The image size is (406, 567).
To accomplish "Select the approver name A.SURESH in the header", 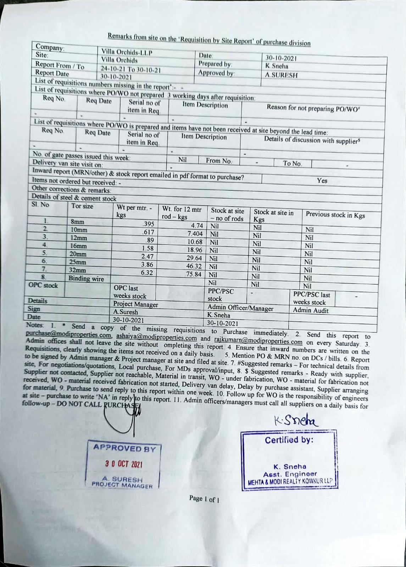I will click(282, 75).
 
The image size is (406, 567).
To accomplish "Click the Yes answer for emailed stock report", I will click(322, 180).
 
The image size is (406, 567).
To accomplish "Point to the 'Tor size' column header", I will click(82, 206).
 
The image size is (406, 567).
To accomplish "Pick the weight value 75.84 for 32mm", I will click(194, 274).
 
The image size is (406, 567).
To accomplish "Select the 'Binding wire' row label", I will click(86, 279).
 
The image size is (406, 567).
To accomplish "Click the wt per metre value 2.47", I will click(147, 256).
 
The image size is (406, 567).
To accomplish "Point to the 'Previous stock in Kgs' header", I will click(335, 214).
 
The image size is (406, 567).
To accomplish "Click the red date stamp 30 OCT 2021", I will click(124, 464).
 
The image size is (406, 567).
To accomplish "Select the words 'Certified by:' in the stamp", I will click(289, 440).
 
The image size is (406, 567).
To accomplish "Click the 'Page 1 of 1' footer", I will click(204, 499).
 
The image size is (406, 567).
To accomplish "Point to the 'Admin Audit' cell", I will click(311, 310).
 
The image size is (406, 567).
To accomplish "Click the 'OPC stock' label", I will click(43, 285).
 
